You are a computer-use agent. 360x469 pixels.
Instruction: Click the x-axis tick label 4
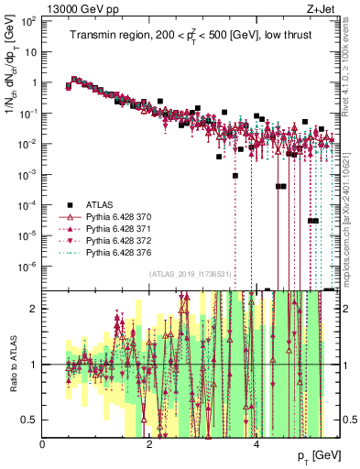tap(256, 443)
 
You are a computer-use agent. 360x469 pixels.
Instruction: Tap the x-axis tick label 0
tap(43, 443)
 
